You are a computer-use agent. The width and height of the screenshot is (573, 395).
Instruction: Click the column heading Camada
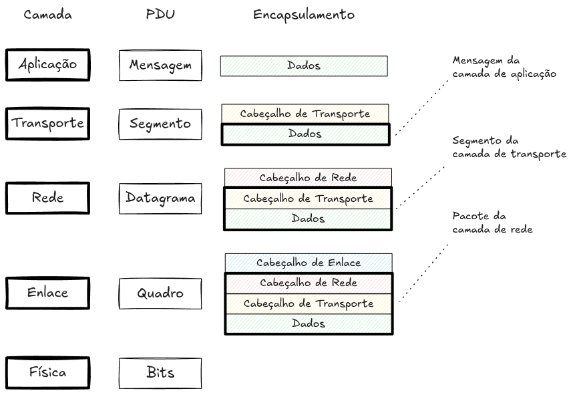click(x=47, y=15)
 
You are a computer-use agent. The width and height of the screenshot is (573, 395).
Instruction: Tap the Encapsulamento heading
click(x=303, y=15)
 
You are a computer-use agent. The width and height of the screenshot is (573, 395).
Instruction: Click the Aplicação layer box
click(x=47, y=65)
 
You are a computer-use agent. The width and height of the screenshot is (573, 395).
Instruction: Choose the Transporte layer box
click(x=47, y=124)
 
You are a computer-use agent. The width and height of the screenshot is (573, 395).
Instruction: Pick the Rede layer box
click(x=47, y=198)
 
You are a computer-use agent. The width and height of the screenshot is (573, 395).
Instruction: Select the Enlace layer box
click(x=47, y=293)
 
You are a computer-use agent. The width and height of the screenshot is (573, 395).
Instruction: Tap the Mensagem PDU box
click(x=160, y=65)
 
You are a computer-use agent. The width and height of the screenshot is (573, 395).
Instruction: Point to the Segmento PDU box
click(x=160, y=124)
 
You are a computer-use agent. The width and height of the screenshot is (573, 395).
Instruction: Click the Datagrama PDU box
click(x=160, y=198)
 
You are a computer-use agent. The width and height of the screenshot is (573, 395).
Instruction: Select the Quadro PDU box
click(x=160, y=293)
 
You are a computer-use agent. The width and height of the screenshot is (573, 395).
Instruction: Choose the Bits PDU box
click(x=160, y=373)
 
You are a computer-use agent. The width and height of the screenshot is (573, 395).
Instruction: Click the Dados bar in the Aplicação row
click(x=304, y=65)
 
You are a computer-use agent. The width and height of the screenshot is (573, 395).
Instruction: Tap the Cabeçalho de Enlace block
click(x=308, y=263)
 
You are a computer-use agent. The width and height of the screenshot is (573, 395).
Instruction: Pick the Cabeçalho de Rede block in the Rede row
click(x=308, y=178)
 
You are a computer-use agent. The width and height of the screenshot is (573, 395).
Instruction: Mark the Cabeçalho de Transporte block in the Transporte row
click(x=305, y=114)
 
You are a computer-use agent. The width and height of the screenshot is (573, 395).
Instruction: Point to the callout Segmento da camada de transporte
click(x=508, y=147)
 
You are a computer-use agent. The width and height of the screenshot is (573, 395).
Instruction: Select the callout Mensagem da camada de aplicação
click(x=504, y=67)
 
